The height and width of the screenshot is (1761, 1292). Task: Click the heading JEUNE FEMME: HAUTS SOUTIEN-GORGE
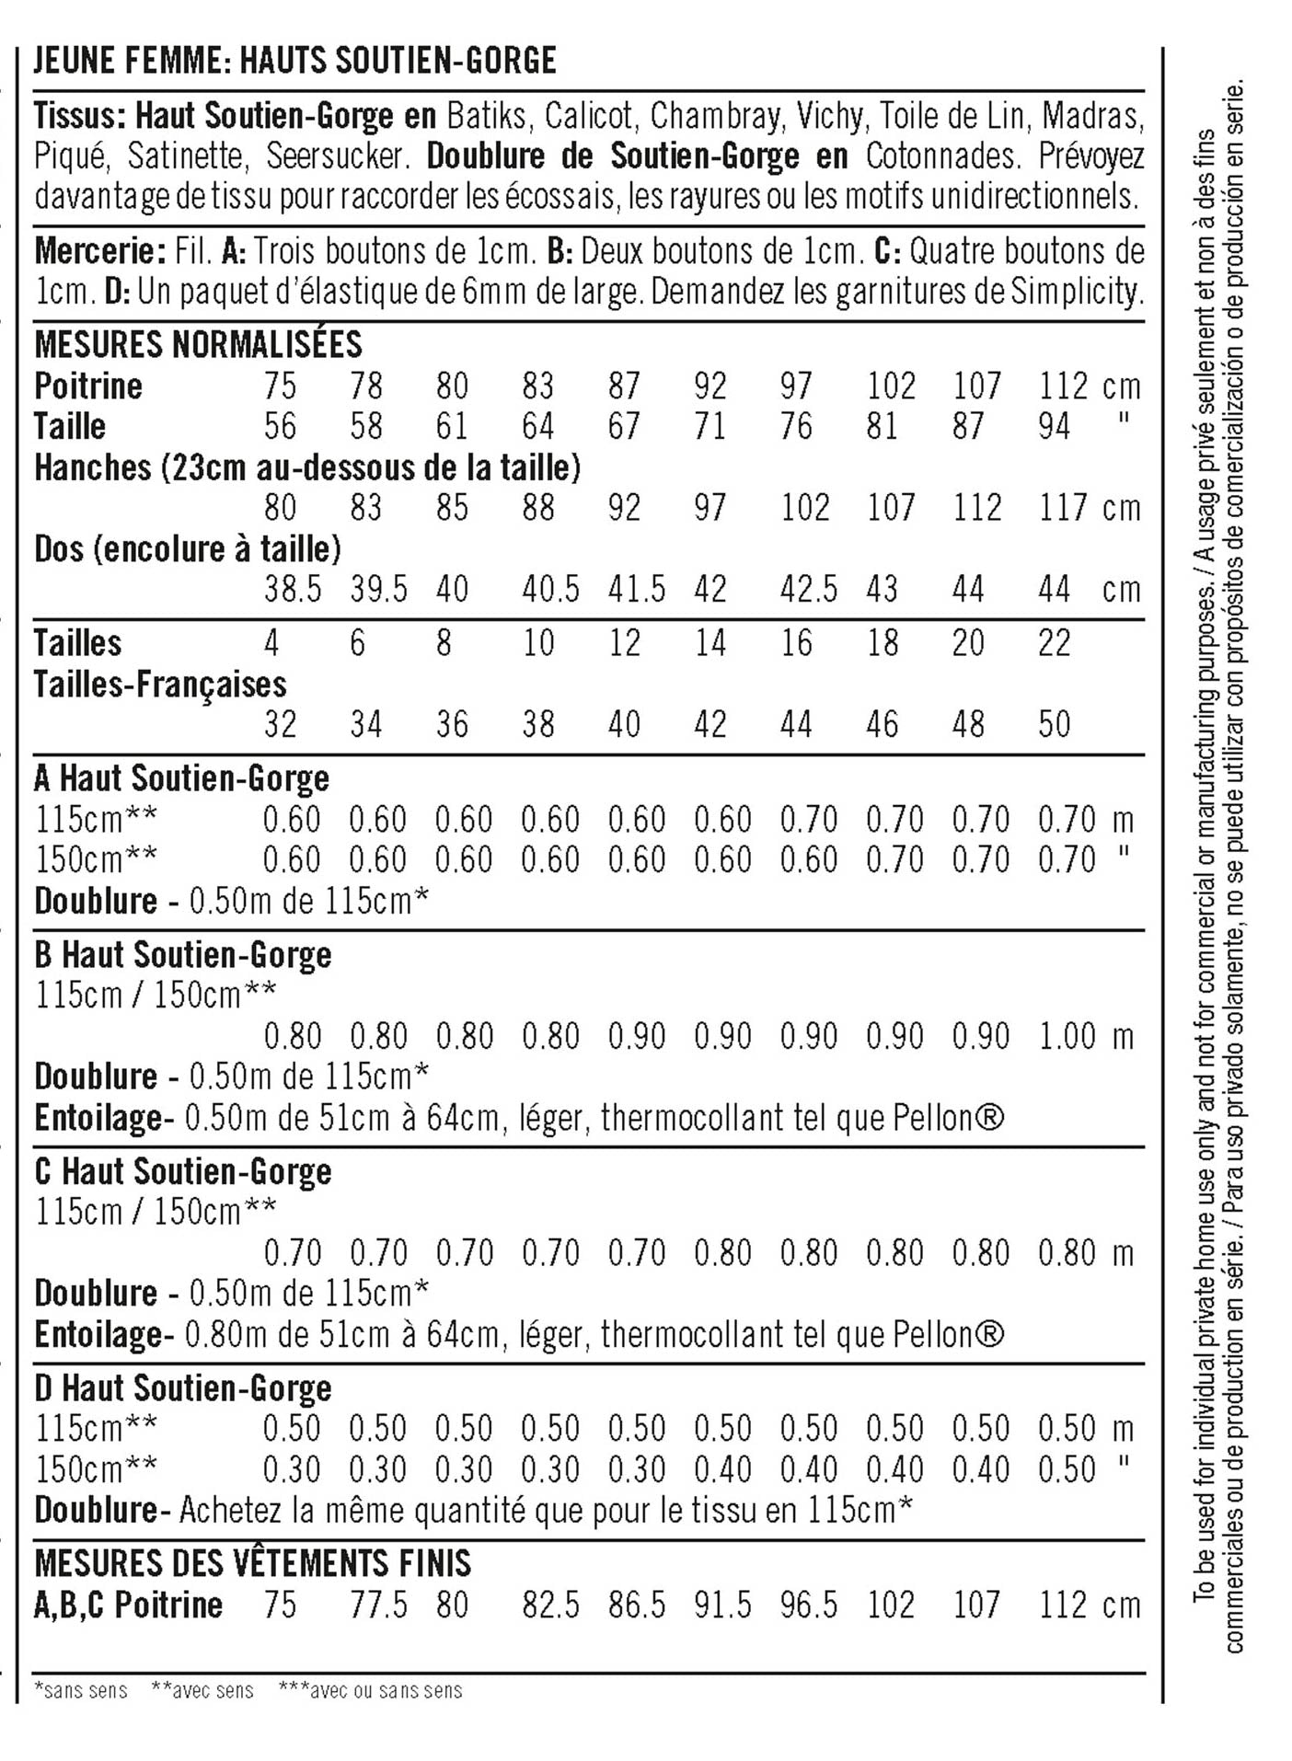(294, 61)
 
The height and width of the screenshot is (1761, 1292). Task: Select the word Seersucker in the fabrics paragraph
(337, 156)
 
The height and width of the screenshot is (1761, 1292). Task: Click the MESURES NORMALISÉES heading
(198, 345)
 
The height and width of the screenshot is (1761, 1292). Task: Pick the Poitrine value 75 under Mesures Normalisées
(280, 386)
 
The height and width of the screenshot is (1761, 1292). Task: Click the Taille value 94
(1055, 427)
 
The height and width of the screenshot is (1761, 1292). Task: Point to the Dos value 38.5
(293, 589)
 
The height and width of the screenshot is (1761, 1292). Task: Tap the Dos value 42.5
(809, 589)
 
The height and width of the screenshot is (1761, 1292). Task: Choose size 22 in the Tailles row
(1055, 643)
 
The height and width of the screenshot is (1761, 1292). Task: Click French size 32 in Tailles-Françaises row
(280, 725)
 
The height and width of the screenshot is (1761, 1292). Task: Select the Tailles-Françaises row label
(160, 685)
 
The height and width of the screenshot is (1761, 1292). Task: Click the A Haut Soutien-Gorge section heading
(181, 779)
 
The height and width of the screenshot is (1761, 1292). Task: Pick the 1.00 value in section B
(1067, 1037)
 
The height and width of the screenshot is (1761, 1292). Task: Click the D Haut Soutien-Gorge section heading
(182, 1388)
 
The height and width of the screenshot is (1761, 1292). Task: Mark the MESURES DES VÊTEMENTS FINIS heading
(252, 1564)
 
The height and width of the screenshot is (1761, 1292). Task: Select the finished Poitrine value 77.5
(378, 1606)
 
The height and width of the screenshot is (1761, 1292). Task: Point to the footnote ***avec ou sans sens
(371, 1690)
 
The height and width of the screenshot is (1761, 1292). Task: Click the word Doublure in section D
(96, 1510)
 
